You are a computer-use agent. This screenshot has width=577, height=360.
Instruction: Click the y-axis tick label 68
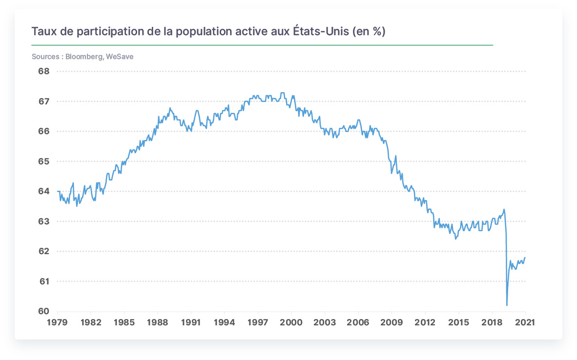point(44,71)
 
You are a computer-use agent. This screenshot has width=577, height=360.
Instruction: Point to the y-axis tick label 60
point(44,311)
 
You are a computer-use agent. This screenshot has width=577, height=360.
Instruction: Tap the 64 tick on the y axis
point(44,191)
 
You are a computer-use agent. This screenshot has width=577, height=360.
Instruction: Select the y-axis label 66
point(44,131)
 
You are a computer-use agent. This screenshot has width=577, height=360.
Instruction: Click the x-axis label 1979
point(58,322)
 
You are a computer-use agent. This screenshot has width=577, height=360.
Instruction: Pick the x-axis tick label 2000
point(291,322)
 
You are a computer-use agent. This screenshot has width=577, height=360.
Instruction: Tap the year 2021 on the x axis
point(525,322)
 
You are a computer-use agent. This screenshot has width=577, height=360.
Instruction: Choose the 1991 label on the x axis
point(191,322)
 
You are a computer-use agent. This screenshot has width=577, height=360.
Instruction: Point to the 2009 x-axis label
point(392,322)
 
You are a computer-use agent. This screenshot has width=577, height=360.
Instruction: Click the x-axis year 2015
point(458,322)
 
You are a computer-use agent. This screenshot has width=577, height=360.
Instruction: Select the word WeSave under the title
point(120,57)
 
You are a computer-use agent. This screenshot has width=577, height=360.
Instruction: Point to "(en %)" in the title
point(369,31)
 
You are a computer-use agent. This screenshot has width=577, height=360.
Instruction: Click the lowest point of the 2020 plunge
point(507,305)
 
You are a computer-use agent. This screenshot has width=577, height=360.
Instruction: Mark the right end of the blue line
point(525,258)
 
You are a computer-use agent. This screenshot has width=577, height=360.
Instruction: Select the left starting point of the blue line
point(58,191)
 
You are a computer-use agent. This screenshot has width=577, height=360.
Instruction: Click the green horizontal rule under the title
point(262,45)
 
